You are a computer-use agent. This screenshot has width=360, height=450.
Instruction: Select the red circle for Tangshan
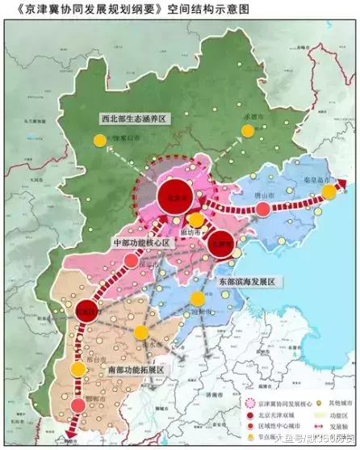[x=263, y=209]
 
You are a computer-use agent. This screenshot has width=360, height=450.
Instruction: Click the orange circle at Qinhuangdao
[x=329, y=191]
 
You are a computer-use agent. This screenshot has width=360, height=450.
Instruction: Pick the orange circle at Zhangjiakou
[x=100, y=140]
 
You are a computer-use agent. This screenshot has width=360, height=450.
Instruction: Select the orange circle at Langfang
[x=195, y=220]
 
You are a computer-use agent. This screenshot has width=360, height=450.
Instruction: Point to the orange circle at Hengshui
[x=141, y=332]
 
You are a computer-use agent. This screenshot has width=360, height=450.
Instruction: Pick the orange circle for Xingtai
[x=77, y=369]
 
